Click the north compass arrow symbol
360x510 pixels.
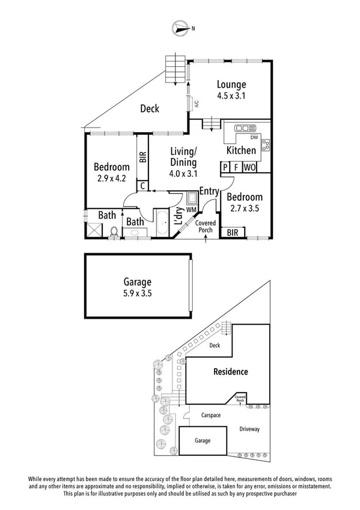click(182, 28)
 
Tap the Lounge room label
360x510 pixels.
click(231, 85)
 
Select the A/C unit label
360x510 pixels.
click(197, 104)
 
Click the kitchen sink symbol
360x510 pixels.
click(246, 128)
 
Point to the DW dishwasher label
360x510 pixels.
click(254, 138)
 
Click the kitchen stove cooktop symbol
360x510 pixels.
click(266, 145)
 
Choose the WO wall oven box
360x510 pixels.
click(250, 167)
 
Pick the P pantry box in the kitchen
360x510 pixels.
click(225, 167)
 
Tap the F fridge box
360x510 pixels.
click(236, 167)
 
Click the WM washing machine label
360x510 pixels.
click(191, 210)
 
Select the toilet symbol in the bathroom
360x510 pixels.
click(114, 232)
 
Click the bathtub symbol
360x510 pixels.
click(162, 224)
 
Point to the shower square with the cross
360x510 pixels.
click(94, 230)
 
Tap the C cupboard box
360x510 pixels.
click(142, 186)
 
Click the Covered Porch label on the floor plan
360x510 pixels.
click(206, 226)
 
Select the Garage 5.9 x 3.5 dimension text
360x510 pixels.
click(138, 293)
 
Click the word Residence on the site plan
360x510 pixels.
click(231, 372)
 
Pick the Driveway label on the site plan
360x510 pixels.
click(249, 429)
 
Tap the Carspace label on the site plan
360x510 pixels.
click(211, 416)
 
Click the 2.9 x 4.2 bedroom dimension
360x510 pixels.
click(111, 178)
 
